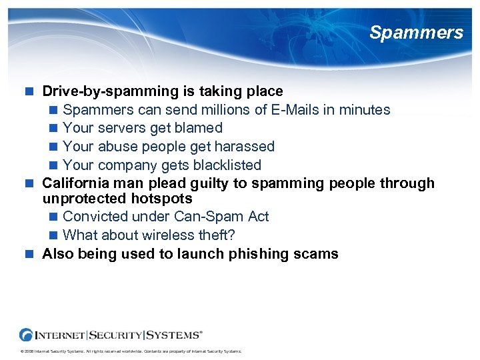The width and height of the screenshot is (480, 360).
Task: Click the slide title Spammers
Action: pyautogui.click(x=416, y=33)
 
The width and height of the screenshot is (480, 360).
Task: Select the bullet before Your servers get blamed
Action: pyautogui.click(x=54, y=128)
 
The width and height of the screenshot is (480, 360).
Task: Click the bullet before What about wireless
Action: pyautogui.click(x=54, y=235)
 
